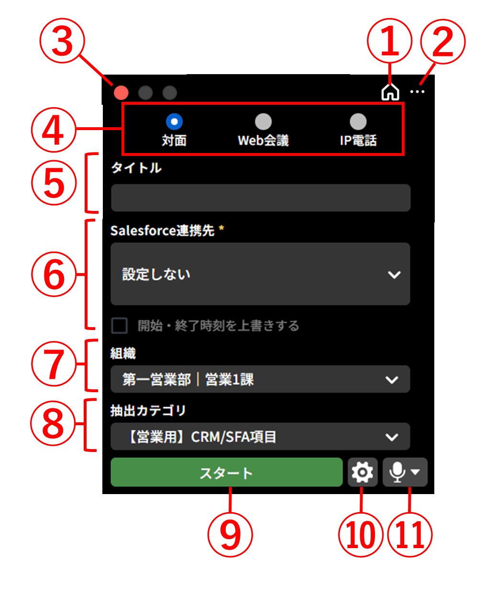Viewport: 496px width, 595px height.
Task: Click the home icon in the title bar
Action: coord(390,92)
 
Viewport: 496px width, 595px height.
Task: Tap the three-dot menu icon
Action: coord(417,91)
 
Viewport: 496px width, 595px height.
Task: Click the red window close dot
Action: coord(121,92)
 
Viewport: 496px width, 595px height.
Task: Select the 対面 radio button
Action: coord(174,121)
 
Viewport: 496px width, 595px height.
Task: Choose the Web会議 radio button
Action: coord(263,121)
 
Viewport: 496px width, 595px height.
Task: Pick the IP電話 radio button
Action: coord(358,121)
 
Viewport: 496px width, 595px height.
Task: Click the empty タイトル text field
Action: coord(261,198)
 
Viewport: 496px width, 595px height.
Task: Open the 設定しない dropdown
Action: coord(260,274)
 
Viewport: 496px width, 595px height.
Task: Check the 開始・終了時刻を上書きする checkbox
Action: coord(120,326)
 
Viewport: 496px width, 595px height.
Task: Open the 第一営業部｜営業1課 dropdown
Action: coord(260,379)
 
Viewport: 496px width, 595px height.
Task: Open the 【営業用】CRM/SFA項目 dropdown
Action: coord(260,437)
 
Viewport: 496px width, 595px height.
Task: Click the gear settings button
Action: coord(363,473)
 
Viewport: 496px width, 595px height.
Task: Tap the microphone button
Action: coord(405,473)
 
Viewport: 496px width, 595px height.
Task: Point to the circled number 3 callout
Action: coord(62,42)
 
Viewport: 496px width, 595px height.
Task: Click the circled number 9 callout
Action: coord(230,534)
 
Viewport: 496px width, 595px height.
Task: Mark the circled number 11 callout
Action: coord(410,534)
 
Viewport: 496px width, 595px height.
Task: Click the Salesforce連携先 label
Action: coord(162,231)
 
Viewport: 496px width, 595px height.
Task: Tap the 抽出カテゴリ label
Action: coord(148,410)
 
